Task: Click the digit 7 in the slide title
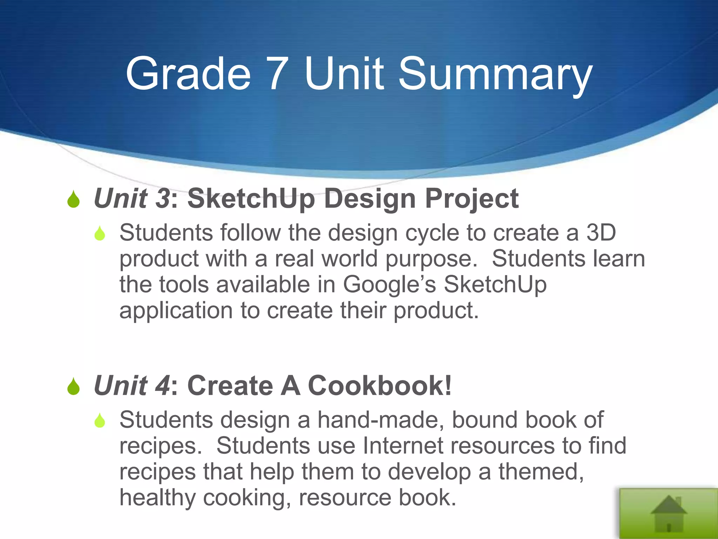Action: tap(278, 74)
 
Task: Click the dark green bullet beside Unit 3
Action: tap(74, 199)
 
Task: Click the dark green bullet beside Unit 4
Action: tap(74, 386)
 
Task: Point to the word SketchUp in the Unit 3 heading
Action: tap(251, 199)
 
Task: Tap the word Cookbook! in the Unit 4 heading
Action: tap(380, 386)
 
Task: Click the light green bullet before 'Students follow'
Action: tap(100, 233)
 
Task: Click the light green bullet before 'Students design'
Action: tap(100, 420)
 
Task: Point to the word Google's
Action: tap(389, 284)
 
